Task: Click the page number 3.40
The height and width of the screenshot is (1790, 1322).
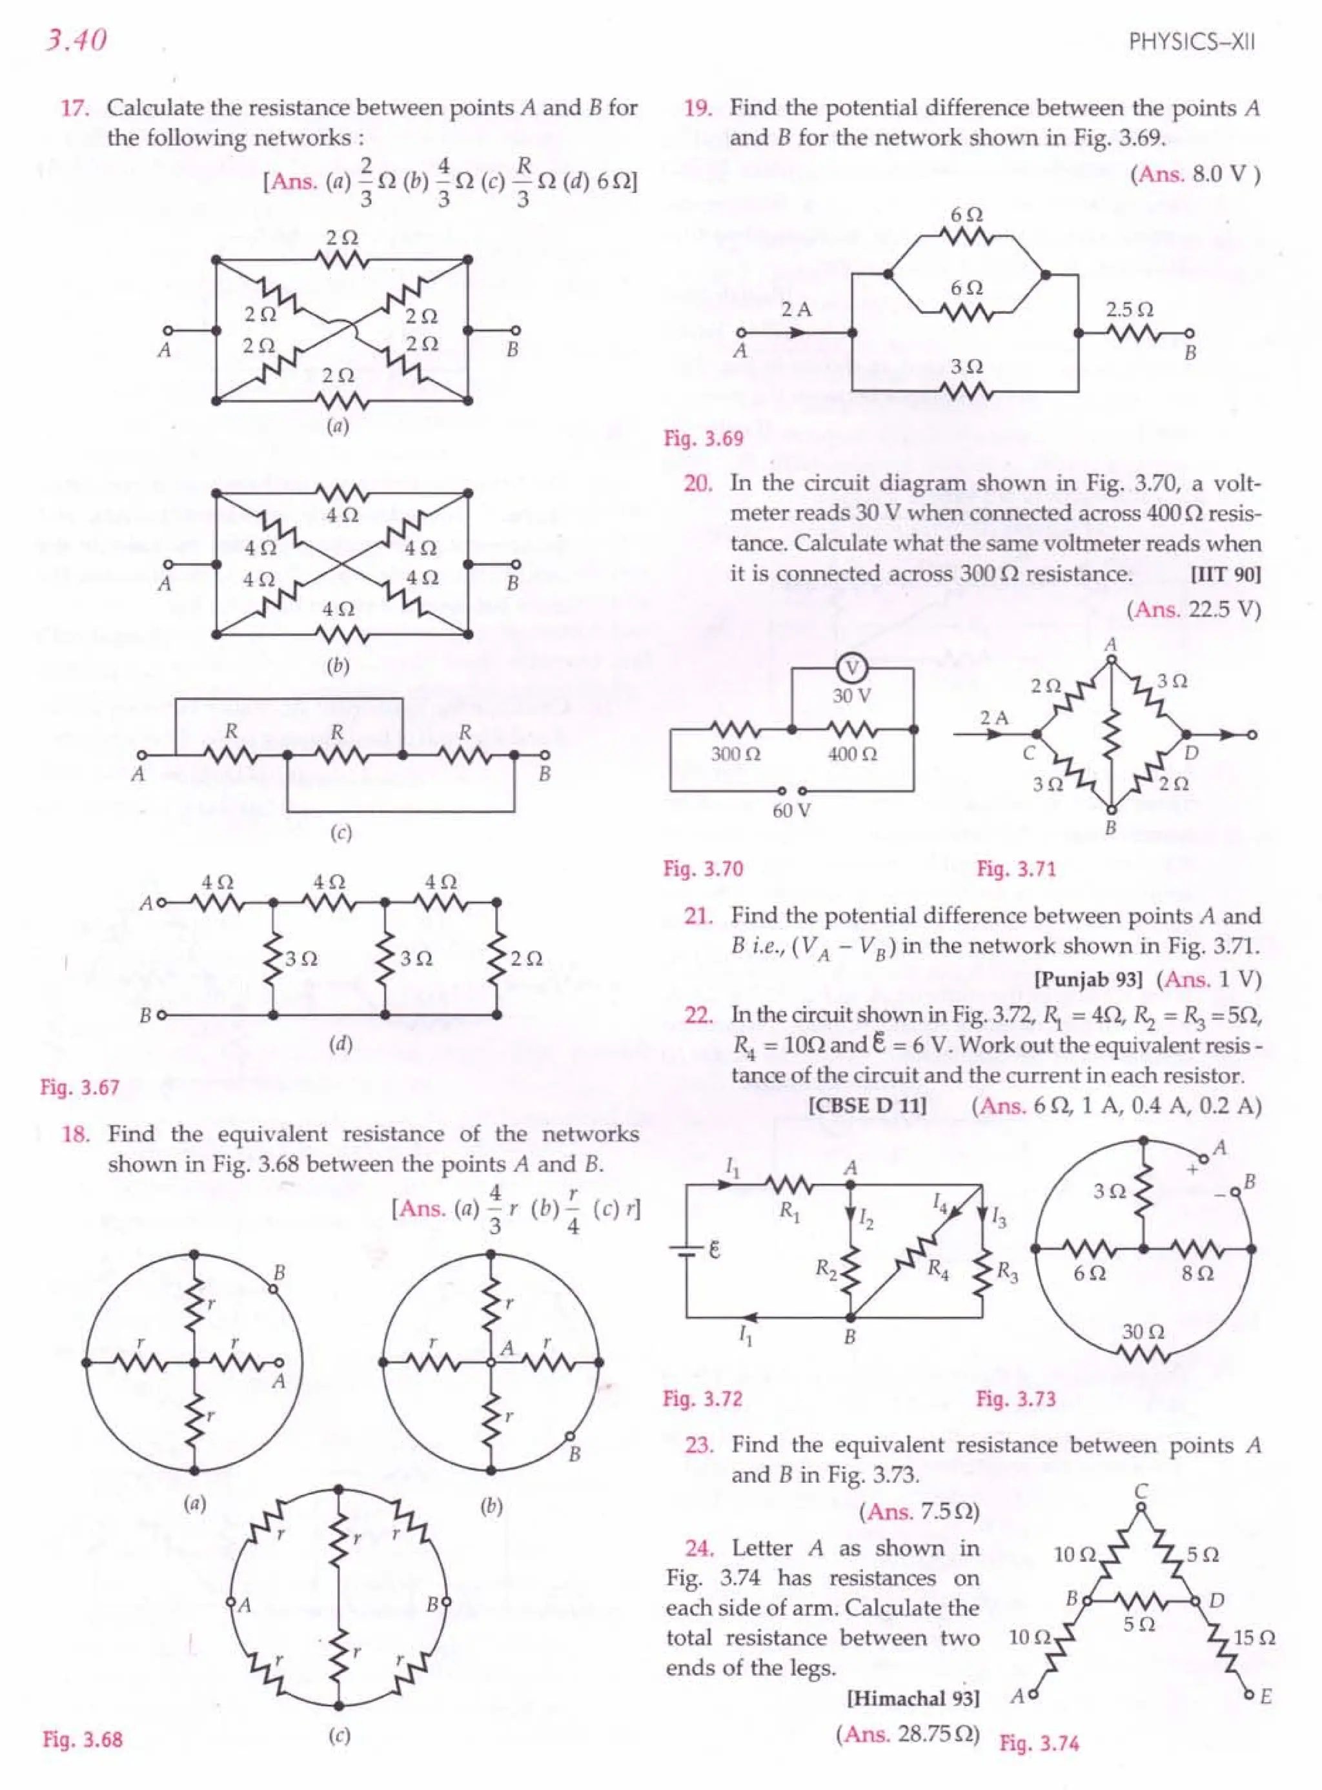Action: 77,40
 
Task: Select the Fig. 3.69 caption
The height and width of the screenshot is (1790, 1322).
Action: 704,438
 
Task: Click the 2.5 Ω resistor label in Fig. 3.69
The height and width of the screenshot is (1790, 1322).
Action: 1129,309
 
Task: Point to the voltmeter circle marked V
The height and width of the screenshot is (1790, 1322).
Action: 851,669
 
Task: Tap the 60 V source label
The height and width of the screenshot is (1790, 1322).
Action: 791,811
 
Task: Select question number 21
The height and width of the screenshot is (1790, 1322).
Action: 698,916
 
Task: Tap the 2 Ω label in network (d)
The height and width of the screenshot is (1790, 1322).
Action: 527,958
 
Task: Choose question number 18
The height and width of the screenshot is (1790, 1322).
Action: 74,1134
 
